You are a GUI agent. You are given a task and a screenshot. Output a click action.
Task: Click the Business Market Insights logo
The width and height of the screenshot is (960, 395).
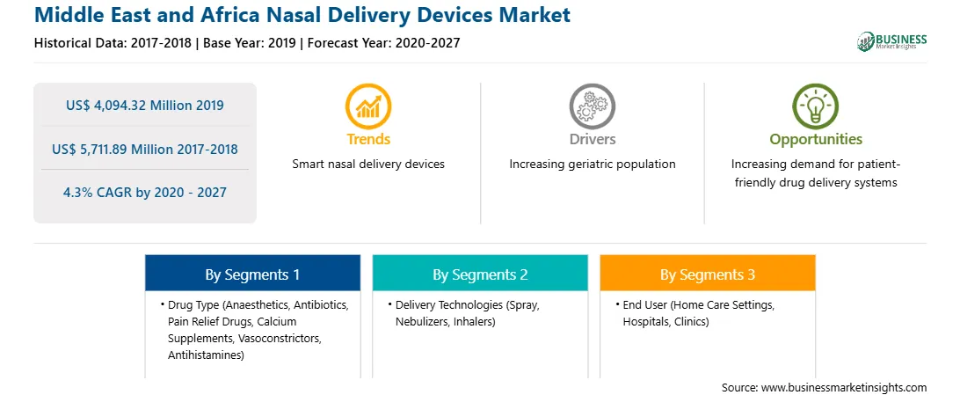coord(891,41)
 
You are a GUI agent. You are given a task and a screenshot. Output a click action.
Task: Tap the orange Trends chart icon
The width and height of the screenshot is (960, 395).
coord(368,106)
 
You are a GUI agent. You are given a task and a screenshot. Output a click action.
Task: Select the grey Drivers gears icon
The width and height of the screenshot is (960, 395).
coord(592,106)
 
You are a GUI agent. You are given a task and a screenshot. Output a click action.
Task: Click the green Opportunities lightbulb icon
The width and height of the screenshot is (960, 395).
coord(816,106)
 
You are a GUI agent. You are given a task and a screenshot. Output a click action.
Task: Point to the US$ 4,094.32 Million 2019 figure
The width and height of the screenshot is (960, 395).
coord(145,106)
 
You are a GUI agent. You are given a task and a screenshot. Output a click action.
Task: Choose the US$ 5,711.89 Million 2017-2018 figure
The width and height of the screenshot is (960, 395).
coord(145,149)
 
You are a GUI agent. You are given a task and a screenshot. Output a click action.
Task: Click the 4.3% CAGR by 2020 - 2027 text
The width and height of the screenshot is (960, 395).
coord(145,193)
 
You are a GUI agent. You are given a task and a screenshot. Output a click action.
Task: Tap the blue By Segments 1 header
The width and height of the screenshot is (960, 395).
coord(253,274)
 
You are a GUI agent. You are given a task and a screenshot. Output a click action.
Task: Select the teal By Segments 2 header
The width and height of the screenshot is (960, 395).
coord(480,274)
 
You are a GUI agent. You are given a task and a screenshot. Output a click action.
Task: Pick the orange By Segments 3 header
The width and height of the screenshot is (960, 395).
coord(708,274)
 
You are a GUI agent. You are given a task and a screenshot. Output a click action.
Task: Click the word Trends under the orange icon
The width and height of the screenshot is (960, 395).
coord(368,139)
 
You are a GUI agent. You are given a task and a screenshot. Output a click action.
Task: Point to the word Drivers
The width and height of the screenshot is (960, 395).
coord(592,139)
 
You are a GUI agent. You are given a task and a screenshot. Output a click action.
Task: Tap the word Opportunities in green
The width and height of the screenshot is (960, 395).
coord(816,140)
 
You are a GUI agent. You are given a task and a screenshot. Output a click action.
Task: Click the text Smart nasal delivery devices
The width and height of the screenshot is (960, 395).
coord(368,165)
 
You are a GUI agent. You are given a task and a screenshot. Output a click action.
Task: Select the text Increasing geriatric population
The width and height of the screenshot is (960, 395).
coord(592,165)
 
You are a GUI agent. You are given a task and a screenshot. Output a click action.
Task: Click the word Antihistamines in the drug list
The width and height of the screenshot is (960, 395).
coord(205,355)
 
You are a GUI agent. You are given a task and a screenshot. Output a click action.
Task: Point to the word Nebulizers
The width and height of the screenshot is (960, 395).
coord(422,321)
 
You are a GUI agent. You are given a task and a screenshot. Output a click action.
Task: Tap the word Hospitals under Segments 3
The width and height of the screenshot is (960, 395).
coord(646,321)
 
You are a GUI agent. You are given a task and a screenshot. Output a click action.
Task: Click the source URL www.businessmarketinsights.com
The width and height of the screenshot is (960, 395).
coord(845,388)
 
